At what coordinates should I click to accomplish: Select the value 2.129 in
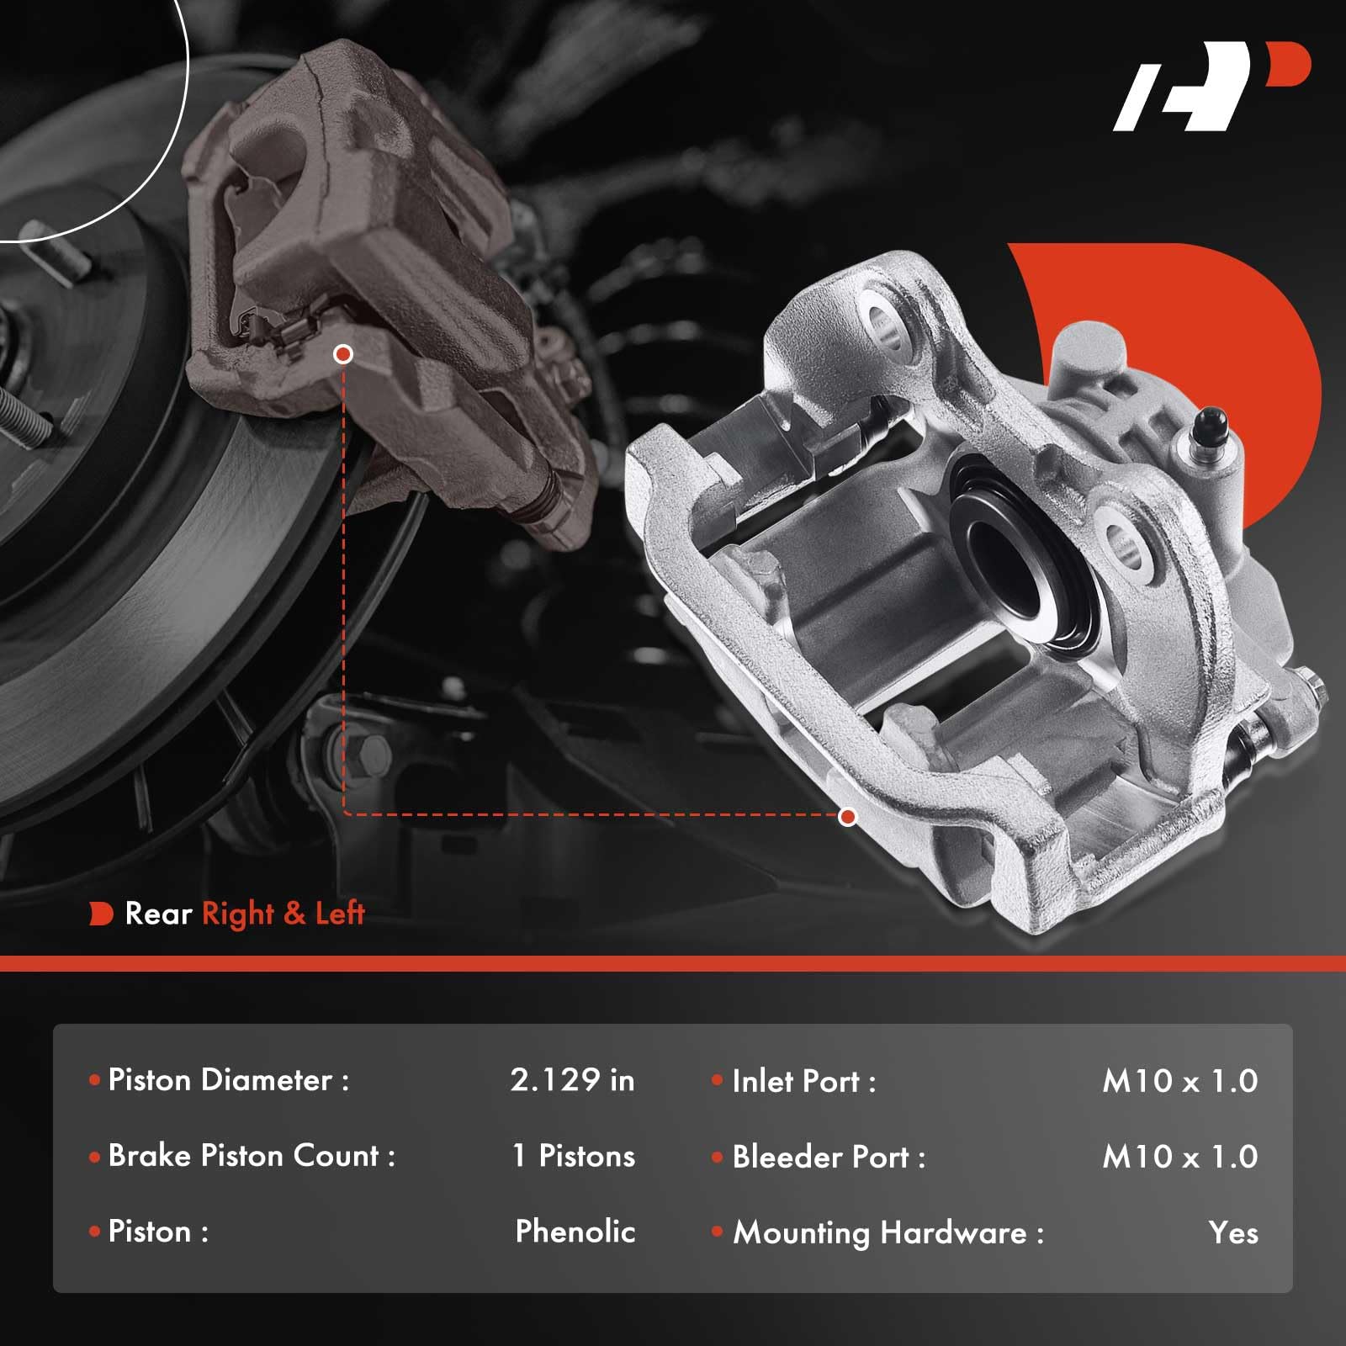[572, 1080]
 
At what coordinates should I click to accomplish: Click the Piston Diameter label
[228, 1080]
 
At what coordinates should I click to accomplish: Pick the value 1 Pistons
[574, 1156]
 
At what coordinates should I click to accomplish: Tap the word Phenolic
[575, 1232]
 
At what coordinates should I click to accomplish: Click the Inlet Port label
[803, 1082]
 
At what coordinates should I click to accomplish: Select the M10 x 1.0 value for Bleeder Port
[1179, 1158]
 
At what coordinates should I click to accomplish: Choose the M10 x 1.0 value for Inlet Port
[1179, 1082]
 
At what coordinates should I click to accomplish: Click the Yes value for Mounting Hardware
[1232, 1233]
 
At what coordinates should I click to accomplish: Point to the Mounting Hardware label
[888, 1233]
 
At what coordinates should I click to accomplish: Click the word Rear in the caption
[158, 914]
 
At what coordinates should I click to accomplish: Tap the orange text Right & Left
[283, 914]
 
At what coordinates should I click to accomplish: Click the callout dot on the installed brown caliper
[342, 354]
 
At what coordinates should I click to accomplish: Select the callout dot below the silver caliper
[848, 816]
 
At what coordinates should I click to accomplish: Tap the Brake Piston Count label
[252, 1156]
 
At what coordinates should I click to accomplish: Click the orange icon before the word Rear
[101, 914]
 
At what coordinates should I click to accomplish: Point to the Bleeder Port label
[829, 1158]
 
